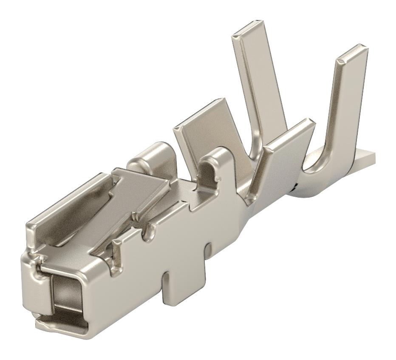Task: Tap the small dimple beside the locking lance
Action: [x=135, y=217]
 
